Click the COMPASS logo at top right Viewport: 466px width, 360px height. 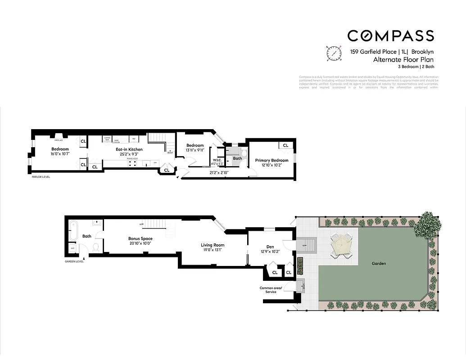(390, 36)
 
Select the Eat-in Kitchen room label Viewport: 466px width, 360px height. (129, 149)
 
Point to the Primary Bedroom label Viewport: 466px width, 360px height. (271, 160)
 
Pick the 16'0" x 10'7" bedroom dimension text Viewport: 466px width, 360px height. (60, 154)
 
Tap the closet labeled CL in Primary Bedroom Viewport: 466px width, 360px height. (285, 145)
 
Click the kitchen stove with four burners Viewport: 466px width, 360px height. (132, 163)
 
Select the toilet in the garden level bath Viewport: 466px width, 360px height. (95, 247)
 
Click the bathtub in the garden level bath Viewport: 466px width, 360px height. (73, 230)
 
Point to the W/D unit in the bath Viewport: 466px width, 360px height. (72, 248)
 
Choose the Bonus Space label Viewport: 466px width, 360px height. (140, 238)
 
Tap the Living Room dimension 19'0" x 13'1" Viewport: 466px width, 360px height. (213, 250)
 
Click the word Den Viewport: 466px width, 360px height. (270, 247)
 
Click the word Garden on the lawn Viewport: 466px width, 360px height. (379, 264)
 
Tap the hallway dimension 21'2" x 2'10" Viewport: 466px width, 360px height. (219, 172)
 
